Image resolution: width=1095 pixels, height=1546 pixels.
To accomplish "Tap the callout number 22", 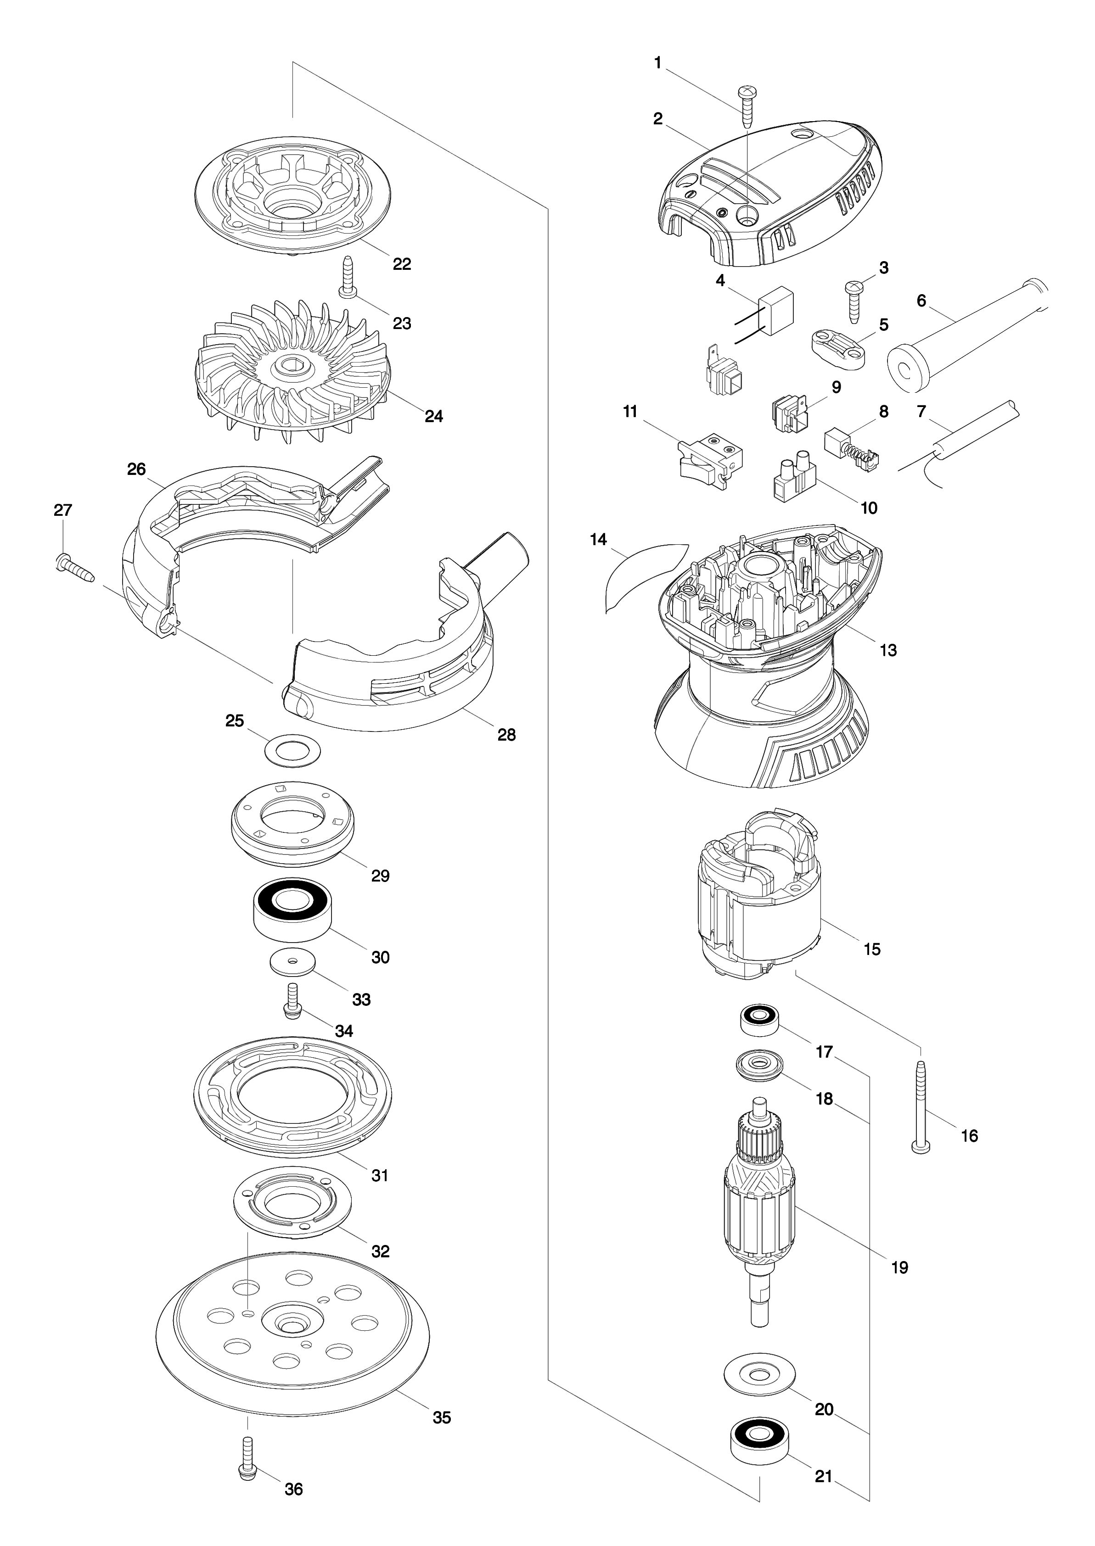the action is (x=402, y=263).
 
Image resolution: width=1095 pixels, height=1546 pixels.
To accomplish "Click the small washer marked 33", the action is (x=293, y=962).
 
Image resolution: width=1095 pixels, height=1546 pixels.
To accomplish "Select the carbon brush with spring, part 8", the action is (x=852, y=449).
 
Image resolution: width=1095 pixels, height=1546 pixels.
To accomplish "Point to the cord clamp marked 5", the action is (x=837, y=349).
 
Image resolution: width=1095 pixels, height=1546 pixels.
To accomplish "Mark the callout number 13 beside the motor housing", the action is (x=888, y=650).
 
